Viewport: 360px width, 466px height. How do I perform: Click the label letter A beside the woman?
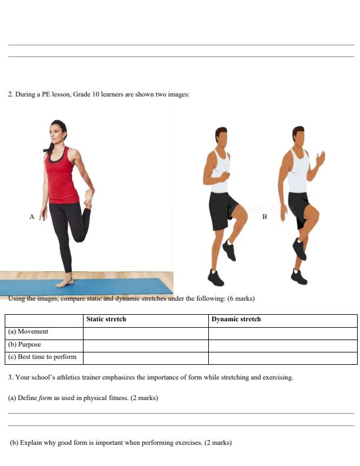click(x=32, y=217)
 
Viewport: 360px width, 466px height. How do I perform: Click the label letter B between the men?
click(x=264, y=217)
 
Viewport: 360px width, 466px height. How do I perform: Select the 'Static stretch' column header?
click(x=106, y=319)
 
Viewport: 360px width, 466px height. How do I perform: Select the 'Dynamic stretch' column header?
click(x=236, y=319)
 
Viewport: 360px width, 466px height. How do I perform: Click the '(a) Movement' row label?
click(x=28, y=332)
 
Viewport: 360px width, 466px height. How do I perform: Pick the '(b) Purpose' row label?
click(x=25, y=344)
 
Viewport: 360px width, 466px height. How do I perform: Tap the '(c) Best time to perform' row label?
click(x=42, y=357)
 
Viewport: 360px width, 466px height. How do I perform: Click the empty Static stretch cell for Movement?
click(x=145, y=332)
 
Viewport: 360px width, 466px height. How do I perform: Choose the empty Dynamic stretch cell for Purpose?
click(x=282, y=345)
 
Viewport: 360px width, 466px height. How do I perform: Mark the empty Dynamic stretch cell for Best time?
click(x=282, y=357)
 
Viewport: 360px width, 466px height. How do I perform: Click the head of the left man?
click(x=221, y=137)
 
